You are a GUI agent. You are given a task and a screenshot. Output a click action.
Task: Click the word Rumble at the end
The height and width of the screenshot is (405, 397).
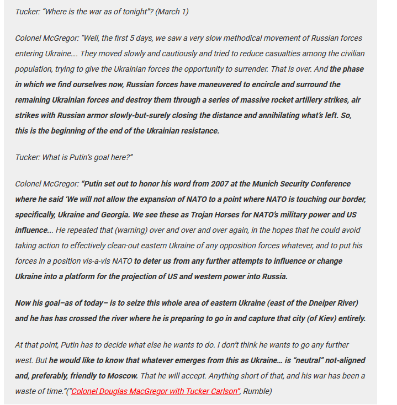pyautogui.click(x=257, y=391)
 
